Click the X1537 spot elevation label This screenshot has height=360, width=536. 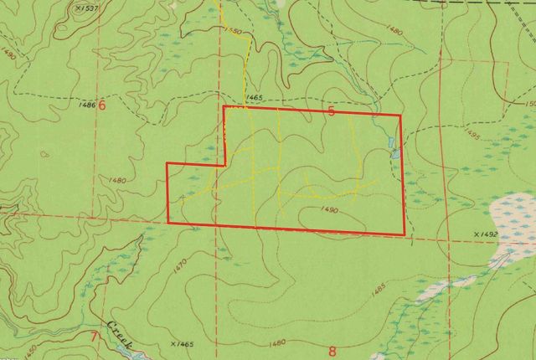pos(85,9)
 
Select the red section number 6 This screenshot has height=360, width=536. pos(102,106)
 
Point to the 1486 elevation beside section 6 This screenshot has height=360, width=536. pos(86,105)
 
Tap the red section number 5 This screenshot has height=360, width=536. pos(332,111)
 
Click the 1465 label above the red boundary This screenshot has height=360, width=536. pos(255,98)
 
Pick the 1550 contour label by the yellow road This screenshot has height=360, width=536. pos(234,31)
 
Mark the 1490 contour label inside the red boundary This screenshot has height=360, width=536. pos(328,211)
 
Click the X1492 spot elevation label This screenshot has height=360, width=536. pos(486,234)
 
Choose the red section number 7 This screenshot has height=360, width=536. pos(95,337)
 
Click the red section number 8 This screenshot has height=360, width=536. pos(332,351)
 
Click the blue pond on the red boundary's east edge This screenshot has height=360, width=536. pos(394,153)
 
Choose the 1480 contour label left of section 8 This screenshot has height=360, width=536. pos(278,342)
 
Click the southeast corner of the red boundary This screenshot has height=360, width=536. pos(405,234)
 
